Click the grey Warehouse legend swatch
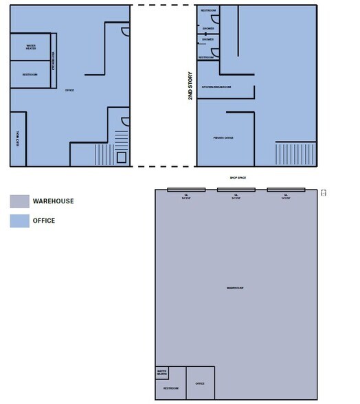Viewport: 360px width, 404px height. click(19, 201)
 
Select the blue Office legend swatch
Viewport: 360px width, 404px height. click(19, 221)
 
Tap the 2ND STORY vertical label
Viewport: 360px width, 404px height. click(190, 87)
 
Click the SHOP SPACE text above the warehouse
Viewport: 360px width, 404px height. click(238, 178)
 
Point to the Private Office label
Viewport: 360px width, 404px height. click(223, 137)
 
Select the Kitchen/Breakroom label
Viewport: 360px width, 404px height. click(216, 87)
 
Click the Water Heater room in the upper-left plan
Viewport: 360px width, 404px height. click(30, 47)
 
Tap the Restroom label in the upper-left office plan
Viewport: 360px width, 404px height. click(30, 74)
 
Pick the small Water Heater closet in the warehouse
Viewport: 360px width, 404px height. click(162, 373)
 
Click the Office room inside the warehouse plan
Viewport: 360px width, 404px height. click(200, 383)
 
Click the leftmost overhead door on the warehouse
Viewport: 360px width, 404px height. click(186, 190)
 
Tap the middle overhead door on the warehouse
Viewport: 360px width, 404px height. click(236, 190)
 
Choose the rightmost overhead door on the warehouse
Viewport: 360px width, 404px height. click(285, 190)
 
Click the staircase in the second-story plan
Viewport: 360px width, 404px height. click(295, 153)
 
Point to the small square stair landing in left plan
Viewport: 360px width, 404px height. click(121, 157)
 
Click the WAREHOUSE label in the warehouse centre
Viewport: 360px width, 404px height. click(235, 288)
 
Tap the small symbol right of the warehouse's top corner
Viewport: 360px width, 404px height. click(324, 193)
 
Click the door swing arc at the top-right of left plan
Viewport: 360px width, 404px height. click(125, 30)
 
